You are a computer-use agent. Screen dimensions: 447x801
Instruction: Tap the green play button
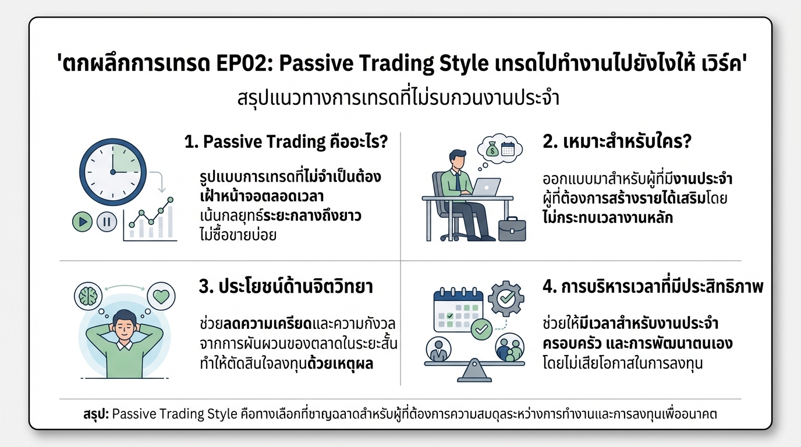pos(83,221)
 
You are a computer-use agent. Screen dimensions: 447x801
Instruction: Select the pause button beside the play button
pos(107,221)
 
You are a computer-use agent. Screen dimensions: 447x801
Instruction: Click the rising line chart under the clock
pos(150,220)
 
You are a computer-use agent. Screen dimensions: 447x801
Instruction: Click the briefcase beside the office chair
pos(512,228)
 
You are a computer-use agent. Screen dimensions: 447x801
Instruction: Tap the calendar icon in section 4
pos(458,311)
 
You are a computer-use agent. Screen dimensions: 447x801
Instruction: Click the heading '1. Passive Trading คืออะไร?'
pos(286,141)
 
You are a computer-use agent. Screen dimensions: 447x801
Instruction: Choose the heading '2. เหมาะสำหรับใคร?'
pos(616,141)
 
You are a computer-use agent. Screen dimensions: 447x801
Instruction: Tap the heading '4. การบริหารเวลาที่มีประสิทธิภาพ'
pos(653,287)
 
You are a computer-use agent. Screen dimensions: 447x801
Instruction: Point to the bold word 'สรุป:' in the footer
pos(95,415)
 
